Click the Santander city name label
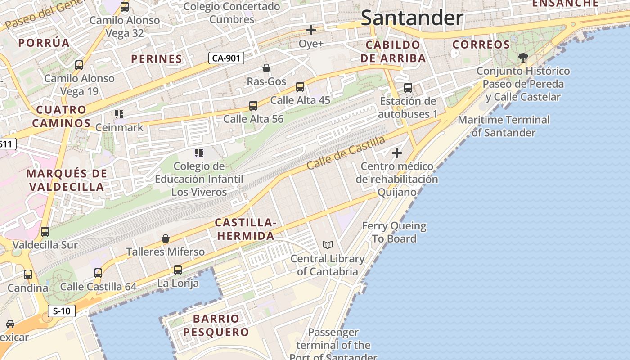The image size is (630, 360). (x=412, y=18)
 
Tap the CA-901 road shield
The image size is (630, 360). (x=226, y=58)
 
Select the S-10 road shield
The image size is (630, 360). (x=62, y=311)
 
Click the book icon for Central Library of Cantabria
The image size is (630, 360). (x=328, y=245)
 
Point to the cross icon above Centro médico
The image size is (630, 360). (x=396, y=153)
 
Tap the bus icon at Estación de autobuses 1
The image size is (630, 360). (x=408, y=88)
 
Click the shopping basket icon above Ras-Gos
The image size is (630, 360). (x=266, y=68)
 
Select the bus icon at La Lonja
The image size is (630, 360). (x=178, y=270)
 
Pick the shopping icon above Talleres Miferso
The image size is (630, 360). (x=166, y=238)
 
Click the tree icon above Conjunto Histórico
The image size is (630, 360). (x=523, y=58)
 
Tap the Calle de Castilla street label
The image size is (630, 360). (x=346, y=153)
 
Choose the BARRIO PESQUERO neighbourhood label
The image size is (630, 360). (x=222, y=325)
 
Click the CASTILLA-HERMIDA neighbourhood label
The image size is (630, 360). (x=245, y=229)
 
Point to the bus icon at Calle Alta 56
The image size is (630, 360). (x=253, y=106)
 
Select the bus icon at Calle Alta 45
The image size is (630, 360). (x=300, y=87)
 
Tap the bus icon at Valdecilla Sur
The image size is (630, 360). (x=45, y=232)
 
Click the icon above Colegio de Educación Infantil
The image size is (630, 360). (x=199, y=153)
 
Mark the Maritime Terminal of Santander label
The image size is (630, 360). (x=504, y=126)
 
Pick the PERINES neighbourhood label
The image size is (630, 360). (x=157, y=58)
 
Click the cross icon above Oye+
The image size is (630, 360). (x=311, y=30)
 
